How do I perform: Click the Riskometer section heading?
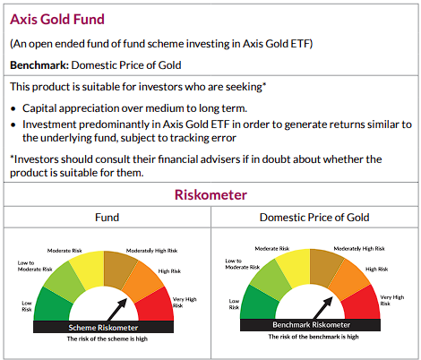click(x=210, y=194)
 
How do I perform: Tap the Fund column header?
click(x=107, y=218)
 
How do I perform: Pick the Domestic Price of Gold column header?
click(x=314, y=218)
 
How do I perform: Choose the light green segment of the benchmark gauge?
click(x=270, y=279)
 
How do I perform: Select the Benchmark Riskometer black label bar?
click(x=314, y=327)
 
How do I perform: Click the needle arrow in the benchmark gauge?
click(x=326, y=308)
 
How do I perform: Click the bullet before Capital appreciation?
click(x=13, y=107)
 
